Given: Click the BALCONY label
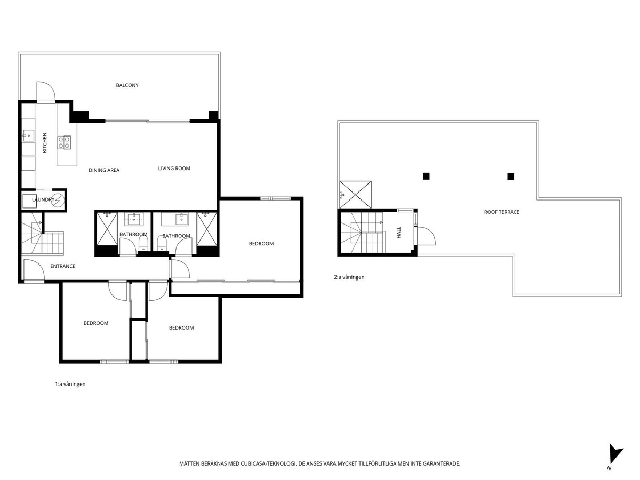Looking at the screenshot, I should pyautogui.click(x=127, y=85).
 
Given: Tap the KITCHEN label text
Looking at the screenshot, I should pyautogui.click(x=45, y=142).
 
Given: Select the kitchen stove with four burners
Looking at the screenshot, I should pyautogui.click(x=65, y=142).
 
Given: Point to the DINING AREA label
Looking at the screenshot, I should pyautogui.click(x=104, y=170).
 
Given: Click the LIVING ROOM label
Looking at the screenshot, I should pyautogui.click(x=174, y=169).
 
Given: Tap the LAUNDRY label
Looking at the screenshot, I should pyautogui.click(x=43, y=200).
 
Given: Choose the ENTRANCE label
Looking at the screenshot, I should pyautogui.click(x=62, y=266).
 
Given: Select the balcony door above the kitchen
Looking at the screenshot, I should pyautogui.click(x=45, y=92).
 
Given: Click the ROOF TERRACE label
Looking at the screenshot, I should pyautogui.click(x=501, y=212).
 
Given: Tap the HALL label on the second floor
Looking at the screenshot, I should pyautogui.click(x=398, y=232).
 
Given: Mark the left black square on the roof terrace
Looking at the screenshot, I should pyautogui.click(x=426, y=176).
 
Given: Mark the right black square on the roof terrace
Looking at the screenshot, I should pyautogui.click(x=510, y=177).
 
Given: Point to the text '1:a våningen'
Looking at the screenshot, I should pyautogui.click(x=70, y=384).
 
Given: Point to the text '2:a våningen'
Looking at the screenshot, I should pyautogui.click(x=349, y=277).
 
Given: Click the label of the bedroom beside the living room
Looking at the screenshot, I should pyautogui.click(x=261, y=244).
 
